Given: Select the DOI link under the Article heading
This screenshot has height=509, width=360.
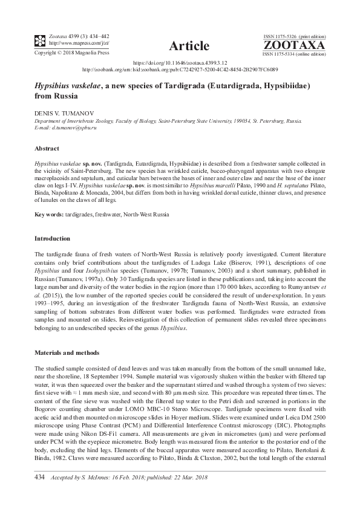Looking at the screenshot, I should pyautogui.click(x=180, y=63).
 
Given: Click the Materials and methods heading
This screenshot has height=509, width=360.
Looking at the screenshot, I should pyautogui.click(x=68, y=352).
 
